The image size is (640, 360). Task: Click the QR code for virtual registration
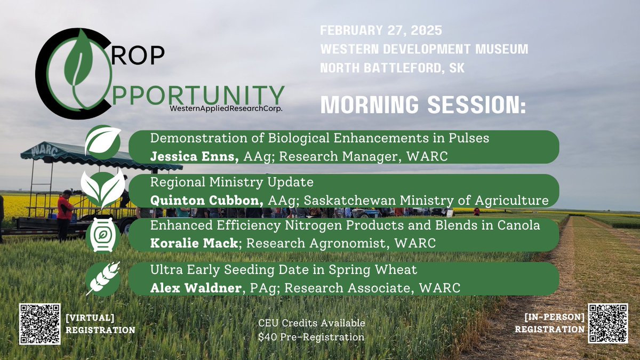tap(40, 324)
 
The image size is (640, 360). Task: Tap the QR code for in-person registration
tap(607, 323)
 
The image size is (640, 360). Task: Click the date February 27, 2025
tap(381, 30)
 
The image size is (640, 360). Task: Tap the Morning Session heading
tap(423, 105)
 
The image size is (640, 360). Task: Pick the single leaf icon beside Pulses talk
tap(102, 142)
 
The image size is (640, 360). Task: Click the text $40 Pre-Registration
tap(311, 337)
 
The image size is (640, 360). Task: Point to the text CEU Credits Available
tap(311, 323)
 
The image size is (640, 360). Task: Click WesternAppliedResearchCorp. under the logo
tap(226, 108)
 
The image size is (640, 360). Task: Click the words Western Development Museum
tap(424, 50)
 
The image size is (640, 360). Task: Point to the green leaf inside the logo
tap(80, 64)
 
